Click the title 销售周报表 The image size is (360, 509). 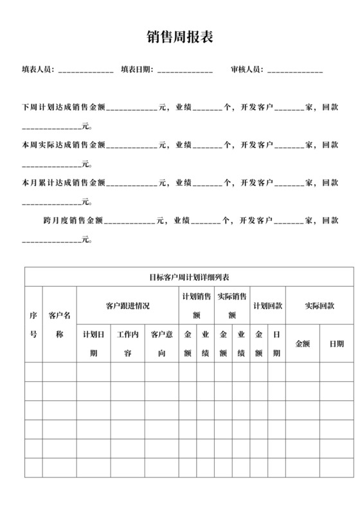coord(180,39)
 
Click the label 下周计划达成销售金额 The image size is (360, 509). coord(63,107)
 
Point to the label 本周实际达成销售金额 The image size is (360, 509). coord(63,145)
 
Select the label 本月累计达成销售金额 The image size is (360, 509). coord(63,183)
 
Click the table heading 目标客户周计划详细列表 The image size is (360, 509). coord(189,278)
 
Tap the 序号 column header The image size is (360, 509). coord(33,325)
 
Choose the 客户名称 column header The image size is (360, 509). coord(59,325)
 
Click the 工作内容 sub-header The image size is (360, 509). coord(127,344)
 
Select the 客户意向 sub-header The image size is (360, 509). coord(161,344)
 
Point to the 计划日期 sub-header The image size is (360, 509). coord(93,344)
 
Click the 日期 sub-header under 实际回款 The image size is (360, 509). coord(337,344)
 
